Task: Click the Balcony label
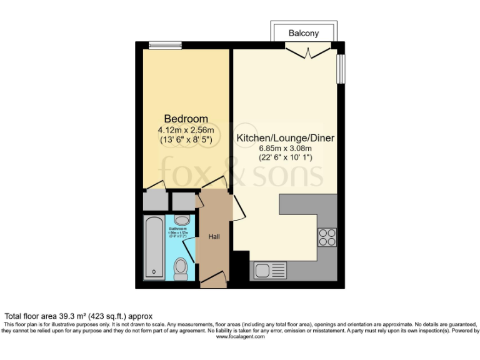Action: (304, 33)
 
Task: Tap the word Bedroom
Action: (186, 119)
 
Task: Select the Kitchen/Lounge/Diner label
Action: (286, 137)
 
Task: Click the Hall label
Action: (214, 237)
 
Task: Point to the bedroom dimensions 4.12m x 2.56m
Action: (186, 130)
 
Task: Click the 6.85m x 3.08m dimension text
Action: (286, 149)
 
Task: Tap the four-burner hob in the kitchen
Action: (327, 237)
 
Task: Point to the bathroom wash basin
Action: (182, 220)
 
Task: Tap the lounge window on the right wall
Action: (341, 69)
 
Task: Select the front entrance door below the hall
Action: (214, 279)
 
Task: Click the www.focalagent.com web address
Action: (240, 336)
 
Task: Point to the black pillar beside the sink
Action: (241, 266)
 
